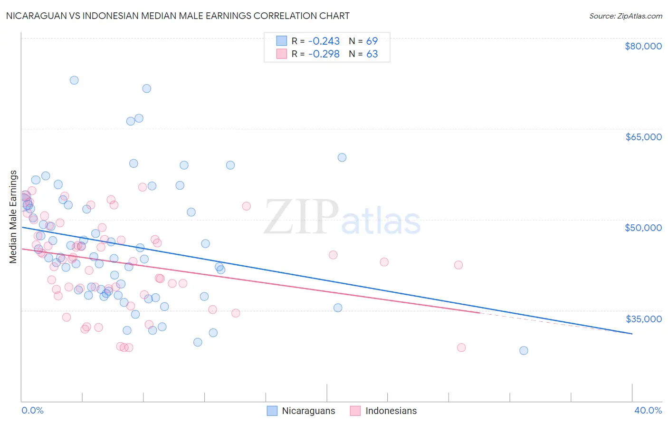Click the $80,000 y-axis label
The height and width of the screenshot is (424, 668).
pyautogui.click(x=643, y=46)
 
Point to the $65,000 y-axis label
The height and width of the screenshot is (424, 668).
pyautogui.click(x=643, y=137)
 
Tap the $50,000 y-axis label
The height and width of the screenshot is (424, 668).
pyautogui.click(x=643, y=228)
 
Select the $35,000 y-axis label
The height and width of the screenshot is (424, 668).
pyautogui.click(x=643, y=318)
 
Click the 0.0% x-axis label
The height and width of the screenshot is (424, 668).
pyautogui.click(x=32, y=410)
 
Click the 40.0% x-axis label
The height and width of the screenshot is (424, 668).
pyautogui.click(x=648, y=410)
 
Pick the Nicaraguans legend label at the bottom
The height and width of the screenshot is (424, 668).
pyautogui.click(x=308, y=411)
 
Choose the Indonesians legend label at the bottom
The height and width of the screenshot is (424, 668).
pyautogui.click(x=391, y=411)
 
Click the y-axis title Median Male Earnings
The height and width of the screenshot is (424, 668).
pyautogui.click(x=13, y=216)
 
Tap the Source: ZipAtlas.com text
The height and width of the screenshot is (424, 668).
pyautogui.click(x=625, y=16)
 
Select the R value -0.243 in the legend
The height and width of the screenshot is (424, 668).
pyautogui.click(x=324, y=41)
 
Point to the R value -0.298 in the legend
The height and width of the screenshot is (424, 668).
pyautogui.click(x=324, y=54)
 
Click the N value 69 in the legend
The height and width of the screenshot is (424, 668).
pyautogui.click(x=372, y=41)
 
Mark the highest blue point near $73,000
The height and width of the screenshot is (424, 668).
pyautogui.click(x=74, y=80)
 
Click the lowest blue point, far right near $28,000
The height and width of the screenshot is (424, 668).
pyautogui.click(x=524, y=350)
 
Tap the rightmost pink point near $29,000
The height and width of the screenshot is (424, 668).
pyautogui.click(x=461, y=347)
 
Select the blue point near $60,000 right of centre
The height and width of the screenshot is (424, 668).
pyautogui.click(x=342, y=157)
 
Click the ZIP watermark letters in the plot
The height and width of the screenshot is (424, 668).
pyautogui.click(x=301, y=217)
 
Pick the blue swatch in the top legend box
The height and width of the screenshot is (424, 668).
pyautogui.click(x=282, y=41)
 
